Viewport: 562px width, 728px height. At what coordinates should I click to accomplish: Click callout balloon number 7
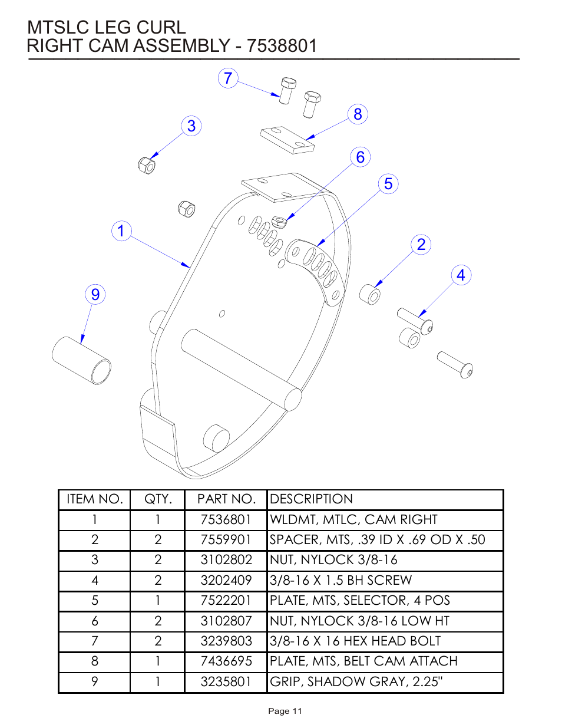(x=228, y=78)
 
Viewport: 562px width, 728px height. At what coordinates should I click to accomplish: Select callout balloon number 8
(x=358, y=114)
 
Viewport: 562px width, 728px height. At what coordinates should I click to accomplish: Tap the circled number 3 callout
(x=191, y=126)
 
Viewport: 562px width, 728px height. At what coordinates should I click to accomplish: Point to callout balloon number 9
(x=95, y=294)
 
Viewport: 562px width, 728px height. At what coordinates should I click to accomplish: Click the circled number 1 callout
(x=121, y=230)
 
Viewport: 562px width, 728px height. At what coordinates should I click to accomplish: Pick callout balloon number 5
(x=388, y=184)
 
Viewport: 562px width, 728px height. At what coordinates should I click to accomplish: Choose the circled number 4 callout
(x=461, y=275)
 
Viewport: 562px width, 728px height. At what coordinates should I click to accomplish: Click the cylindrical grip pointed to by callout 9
(x=81, y=360)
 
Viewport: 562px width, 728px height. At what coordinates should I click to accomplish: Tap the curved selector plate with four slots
(x=315, y=268)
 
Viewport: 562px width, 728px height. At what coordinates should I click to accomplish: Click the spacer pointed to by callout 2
(x=370, y=294)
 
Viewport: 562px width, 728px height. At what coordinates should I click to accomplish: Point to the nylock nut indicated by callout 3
(x=146, y=165)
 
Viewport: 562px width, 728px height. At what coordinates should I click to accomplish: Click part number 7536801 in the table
(x=226, y=520)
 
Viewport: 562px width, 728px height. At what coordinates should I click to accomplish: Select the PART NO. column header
(x=226, y=499)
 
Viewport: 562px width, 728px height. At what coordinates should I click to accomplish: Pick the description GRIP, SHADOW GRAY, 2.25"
(x=356, y=682)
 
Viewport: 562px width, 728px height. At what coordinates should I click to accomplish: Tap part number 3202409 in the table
(x=226, y=581)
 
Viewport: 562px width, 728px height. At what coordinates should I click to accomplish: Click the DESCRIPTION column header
(x=311, y=499)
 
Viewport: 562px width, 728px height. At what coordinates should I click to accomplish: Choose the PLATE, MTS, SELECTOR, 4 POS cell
(x=359, y=601)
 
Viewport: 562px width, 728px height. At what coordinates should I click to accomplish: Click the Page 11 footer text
(x=285, y=711)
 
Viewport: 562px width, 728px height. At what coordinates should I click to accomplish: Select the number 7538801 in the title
(x=282, y=46)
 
